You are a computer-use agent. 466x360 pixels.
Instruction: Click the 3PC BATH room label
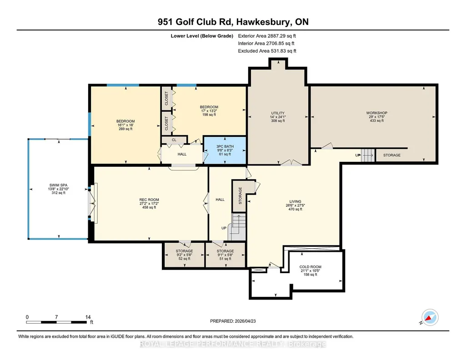click(x=225, y=146)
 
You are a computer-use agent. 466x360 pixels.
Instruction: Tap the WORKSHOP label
click(x=376, y=113)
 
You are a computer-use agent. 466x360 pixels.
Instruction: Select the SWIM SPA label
click(x=58, y=185)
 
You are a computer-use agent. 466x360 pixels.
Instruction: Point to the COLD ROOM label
click(x=310, y=267)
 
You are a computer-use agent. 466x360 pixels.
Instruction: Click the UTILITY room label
click(x=278, y=113)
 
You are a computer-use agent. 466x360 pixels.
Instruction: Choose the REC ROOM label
click(x=149, y=200)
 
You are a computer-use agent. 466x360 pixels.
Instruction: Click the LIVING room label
click(x=295, y=201)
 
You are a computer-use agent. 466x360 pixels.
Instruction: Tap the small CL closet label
click(x=174, y=140)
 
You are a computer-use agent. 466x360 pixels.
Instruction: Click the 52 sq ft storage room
click(x=184, y=255)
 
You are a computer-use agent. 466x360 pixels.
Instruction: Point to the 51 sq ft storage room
click(x=225, y=255)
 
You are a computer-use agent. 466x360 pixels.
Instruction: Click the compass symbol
click(x=430, y=318)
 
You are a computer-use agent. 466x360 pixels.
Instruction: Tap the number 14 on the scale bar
click(x=88, y=317)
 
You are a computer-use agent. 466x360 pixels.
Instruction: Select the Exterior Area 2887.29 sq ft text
click(x=267, y=36)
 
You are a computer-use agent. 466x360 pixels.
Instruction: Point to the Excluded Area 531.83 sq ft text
click(x=267, y=51)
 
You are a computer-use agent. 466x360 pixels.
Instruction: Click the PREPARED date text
click(x=233, y=321)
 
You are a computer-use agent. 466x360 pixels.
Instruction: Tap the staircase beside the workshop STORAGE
click(x=368, y=155)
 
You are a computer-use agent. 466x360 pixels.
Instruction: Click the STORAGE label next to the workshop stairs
click(x=392, y=155)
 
